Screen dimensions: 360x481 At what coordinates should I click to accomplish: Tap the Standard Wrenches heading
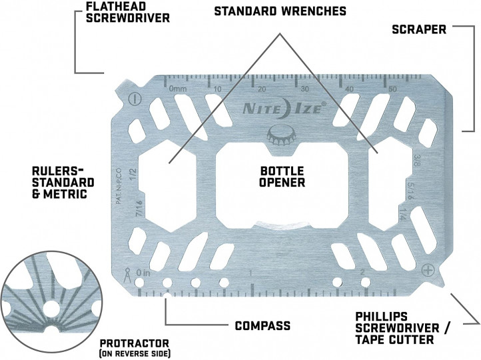279,11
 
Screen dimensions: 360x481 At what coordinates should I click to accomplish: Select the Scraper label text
418,30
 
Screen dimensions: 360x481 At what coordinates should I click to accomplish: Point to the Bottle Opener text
282,175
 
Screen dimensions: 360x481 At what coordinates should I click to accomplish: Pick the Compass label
262,326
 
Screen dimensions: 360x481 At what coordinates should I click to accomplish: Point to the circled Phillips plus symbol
426,270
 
